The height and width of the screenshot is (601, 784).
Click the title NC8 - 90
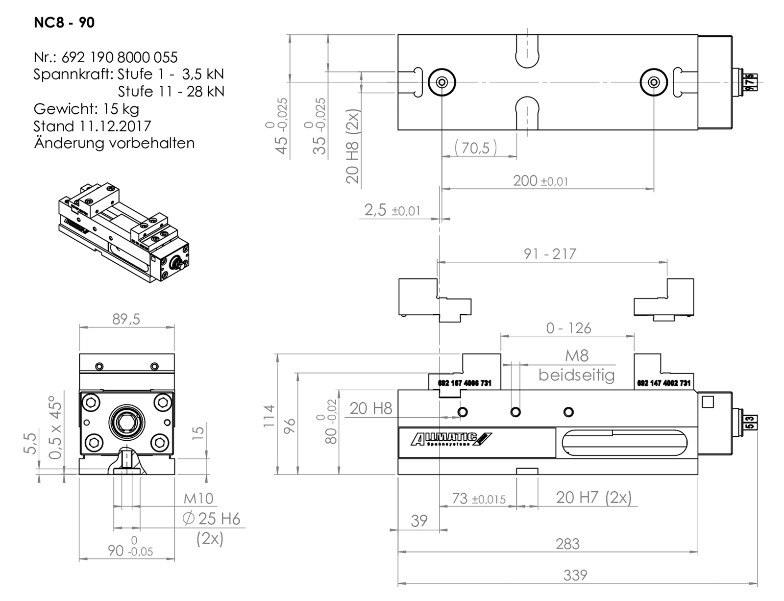pyautogui.click(x=64, y=23)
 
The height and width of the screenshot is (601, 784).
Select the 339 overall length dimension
pyautogui.click(x=575, y=575)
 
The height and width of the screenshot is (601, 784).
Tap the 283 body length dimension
pyautogui.click(x=567, y=544)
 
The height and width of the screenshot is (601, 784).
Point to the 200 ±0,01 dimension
pyautogui.click(x=540, y=181)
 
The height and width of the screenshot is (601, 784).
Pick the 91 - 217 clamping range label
pyautogui.click(x=550, y=254)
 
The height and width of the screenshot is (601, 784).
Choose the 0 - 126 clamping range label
pyautogui.click(x=568, y=328)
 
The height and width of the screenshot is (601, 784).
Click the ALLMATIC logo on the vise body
pyautogui.click(x=451, y=439)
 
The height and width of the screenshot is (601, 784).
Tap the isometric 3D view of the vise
pyautogui.click(x=123, y=232)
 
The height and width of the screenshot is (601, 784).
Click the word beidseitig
pyautogui.click(x=576, y=375)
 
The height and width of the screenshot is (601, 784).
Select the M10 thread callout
pyautogui.click(x=198, y=499)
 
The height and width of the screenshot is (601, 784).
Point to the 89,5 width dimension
pyautogui.click(x=126, y=319)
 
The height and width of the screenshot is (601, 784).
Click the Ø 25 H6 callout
pyautogui.click(x=211, y=519)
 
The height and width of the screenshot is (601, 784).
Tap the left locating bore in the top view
pyautogui.click(x=442, y=82)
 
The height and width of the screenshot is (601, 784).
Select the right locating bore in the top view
pyautogui.click(x=654, y=82)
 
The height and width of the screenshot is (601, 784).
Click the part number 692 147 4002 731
pyautogui.click(x=663, y=383)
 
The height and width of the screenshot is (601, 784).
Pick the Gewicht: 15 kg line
pyautogui.click(x=86, y=109)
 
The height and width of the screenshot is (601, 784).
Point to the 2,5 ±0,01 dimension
pyautogui.click(x=392, y=210)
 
